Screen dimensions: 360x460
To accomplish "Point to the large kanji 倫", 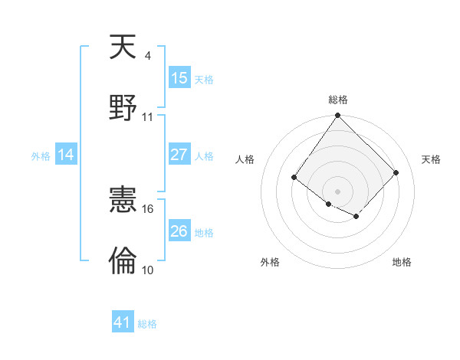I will (123, 260).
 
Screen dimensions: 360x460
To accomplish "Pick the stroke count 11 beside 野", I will (148, 117).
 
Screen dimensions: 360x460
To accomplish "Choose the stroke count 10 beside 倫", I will (148, 270).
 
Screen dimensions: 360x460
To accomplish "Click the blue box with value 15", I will (179, 78).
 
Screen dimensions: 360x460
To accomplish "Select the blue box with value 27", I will (179, 155).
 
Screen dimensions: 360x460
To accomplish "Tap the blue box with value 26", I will (179, 231).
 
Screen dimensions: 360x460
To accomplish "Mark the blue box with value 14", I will (66, 155).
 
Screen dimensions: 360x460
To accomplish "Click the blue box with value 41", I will (123, 322).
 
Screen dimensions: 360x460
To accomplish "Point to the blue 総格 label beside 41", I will (147, 324).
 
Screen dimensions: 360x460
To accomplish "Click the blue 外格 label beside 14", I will (41, 156).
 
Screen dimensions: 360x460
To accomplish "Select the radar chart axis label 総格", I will (337, 100).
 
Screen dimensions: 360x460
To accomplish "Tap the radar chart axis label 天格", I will (431, 159).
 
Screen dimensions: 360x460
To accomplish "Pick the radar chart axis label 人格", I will (245, 159).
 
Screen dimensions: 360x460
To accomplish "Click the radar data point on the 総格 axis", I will (337, 116).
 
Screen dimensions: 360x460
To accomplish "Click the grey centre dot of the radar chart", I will (337, 191).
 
